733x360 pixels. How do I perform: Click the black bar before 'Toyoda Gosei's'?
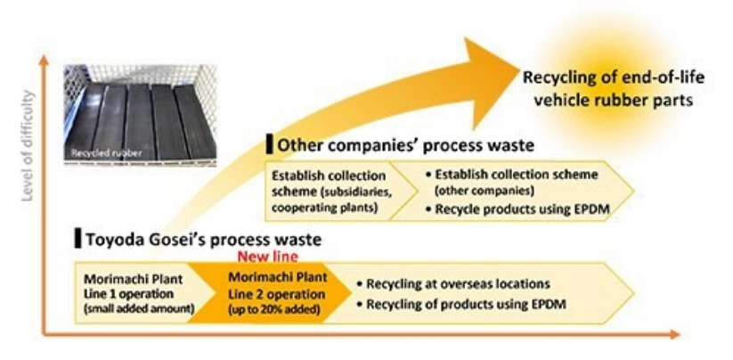(x=77, y=239)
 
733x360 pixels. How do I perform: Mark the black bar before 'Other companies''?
(x=269, y=143)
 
